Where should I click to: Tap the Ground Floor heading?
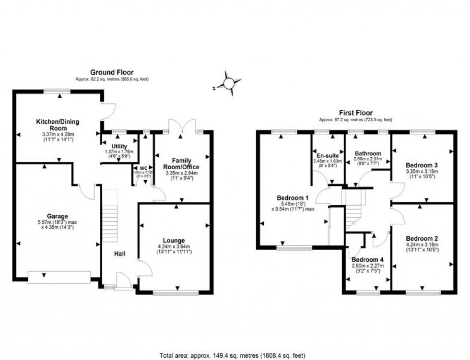click(x=111, y=72)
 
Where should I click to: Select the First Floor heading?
click(x=355, y=113)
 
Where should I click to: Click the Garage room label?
click(x=58, y=216)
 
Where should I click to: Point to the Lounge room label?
click(x=174, y=240)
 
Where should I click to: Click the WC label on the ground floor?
click(x=143, y=167)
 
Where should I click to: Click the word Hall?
click(x=119, y=253)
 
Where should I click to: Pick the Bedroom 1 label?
click(x=293, y=197)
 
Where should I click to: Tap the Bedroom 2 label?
click(x=422, y=238)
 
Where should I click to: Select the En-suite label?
click(x=328, y=156)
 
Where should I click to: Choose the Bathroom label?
click(x=368, y=153)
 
